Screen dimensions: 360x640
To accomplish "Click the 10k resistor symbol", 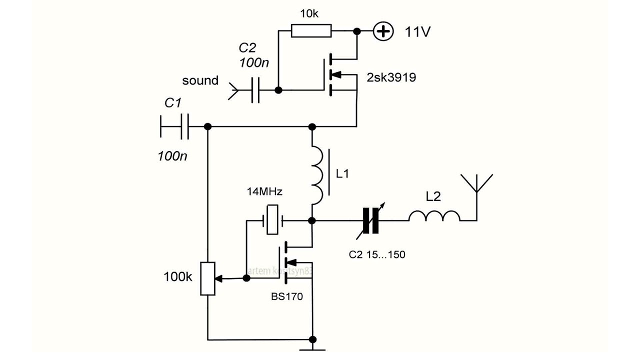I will point(311,31).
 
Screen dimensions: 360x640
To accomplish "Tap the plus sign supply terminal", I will point(383,31).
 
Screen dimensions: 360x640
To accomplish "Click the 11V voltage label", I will point(418,32).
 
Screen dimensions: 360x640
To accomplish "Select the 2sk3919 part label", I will point(391,77).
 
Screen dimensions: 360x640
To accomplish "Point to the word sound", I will point(200,80).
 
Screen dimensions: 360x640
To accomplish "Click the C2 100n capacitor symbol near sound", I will point(255,90).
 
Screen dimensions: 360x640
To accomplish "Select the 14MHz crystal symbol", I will point(272,220).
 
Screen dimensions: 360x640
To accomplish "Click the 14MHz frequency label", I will point(264,192).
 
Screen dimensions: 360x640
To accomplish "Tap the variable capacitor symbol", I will point(371,220).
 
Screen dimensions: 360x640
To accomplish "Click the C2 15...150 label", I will point(376,254).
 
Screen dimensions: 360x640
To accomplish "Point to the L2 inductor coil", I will point(434,216).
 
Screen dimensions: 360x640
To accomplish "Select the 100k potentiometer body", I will point(208,278).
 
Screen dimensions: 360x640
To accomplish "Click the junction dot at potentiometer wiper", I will point(246,278).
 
